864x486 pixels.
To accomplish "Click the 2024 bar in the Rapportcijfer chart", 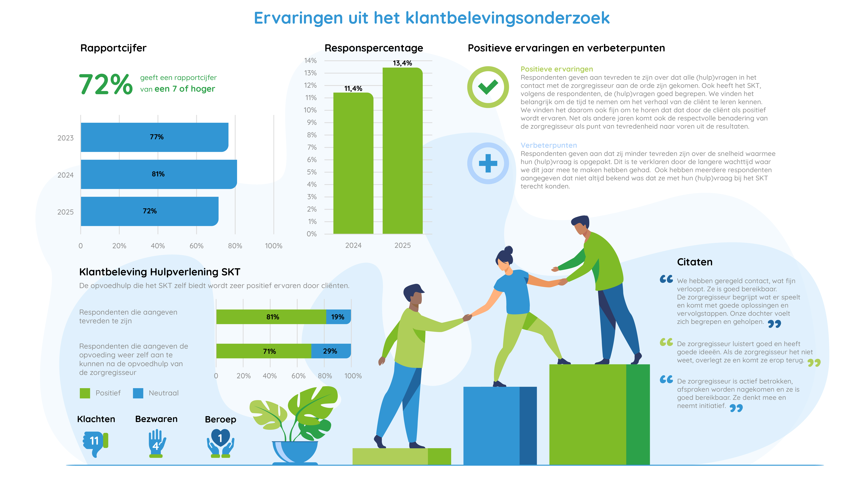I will pos(158,174).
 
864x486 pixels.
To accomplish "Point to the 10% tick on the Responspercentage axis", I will pos(310,110).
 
